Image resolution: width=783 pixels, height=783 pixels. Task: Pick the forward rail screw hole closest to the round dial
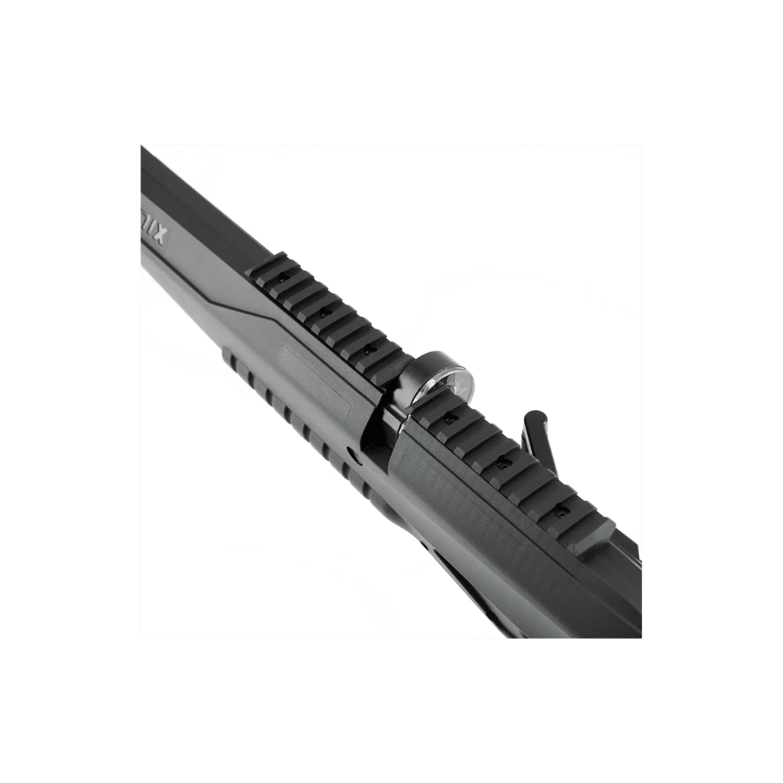pyautogui.click(x=366, y=350)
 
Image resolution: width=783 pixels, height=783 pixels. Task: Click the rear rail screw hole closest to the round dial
pyautogui.click(x=449, y=420)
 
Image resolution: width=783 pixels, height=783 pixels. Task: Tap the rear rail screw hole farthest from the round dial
pyautogui.click(x=559, y=509)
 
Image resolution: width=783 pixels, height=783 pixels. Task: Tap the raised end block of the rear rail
pyautogui.click(x=595, y=536)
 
